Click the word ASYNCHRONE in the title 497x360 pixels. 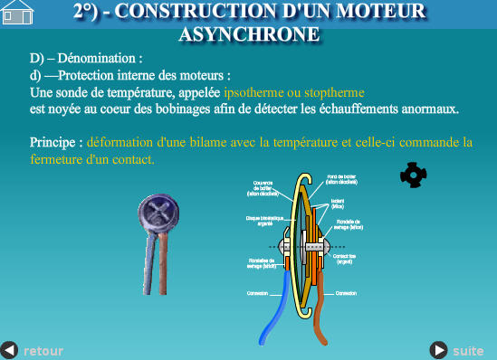(249, 34)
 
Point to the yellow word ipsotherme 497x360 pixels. (254, 92)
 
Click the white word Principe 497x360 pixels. (56, 142)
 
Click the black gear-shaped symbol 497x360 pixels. (413, 174)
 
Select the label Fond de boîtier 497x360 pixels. (341, 178)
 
